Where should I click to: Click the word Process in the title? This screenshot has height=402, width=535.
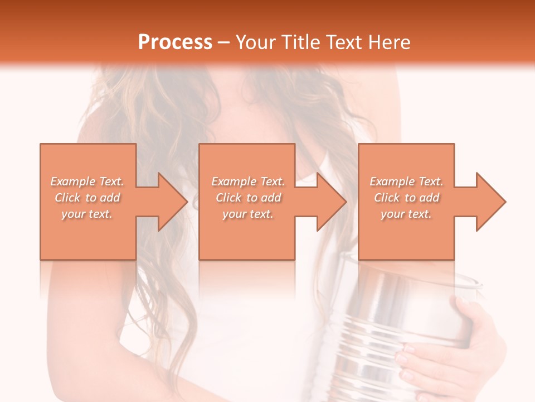click(175, 42)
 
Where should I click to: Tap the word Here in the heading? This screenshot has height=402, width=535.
click(389, 42)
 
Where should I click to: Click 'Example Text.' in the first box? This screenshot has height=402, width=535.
click(87, 181)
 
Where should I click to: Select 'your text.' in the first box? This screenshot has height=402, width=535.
click(87, 214)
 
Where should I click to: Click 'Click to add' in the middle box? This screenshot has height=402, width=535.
click(248, 198)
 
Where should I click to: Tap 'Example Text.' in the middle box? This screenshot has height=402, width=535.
click(248, 181)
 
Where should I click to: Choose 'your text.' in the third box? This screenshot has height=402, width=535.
click(406, 214)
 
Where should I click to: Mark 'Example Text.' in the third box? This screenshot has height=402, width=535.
click(406, 181)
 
